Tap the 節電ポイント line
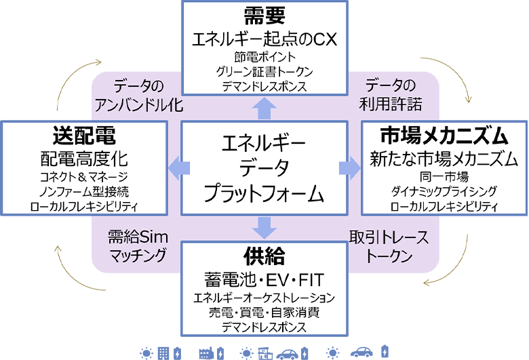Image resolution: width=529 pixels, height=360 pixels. point(264,57)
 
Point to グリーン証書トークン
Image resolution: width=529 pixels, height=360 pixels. point(264,71)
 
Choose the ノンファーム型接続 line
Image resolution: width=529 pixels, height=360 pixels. point(83,191)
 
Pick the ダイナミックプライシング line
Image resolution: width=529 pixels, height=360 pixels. point(444,191)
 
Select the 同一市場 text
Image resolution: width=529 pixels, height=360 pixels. point(444,177)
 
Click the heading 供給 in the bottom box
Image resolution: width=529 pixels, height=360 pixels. point(264,257)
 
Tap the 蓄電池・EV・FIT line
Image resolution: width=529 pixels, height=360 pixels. point(264,279)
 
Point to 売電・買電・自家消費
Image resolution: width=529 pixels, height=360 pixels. point(264,313)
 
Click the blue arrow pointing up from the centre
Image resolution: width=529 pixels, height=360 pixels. point(264,107)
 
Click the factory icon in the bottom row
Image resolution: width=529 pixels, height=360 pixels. point(207,353)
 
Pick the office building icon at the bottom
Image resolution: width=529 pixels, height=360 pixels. point(163,353)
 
